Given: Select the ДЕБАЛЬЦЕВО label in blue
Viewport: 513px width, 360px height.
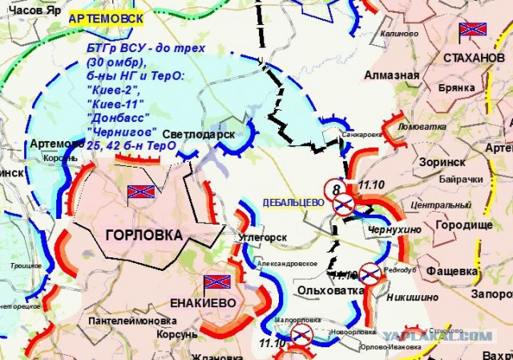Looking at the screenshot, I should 293,203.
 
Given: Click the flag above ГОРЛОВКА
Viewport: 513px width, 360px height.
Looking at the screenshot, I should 140,192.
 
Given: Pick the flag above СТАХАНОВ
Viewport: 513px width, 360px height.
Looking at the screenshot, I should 471,31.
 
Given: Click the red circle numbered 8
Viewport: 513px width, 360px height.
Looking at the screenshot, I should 335,189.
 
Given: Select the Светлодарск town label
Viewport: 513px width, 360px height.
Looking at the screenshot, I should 198,135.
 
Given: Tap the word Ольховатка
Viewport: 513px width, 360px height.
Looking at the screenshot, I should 326,289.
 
